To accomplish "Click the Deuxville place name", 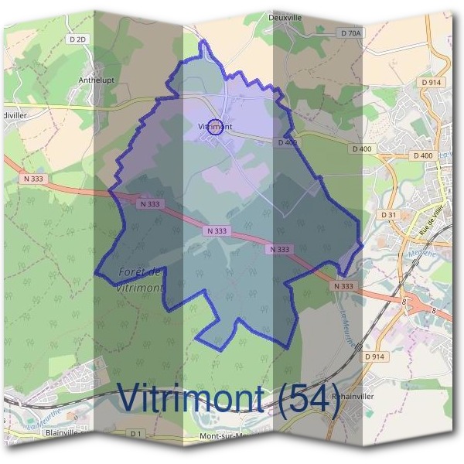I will [x=284, y=15].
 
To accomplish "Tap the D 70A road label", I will [x=350, y=33].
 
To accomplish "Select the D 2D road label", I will [x=78, y=39].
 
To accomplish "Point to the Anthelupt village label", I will [x=97, y=79].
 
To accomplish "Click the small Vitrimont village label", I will [x=215, y=126].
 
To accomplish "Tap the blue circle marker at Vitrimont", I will [x=217, y=129].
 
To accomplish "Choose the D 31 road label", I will [x=388, y=214].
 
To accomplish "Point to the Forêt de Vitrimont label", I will [x=142, y=279].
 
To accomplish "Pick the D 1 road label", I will [x=136, y=433].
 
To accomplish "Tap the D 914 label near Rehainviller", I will [x=374, y=357].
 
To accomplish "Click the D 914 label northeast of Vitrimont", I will [x=432, y=82].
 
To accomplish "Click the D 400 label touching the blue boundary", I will [x=286, y=142].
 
